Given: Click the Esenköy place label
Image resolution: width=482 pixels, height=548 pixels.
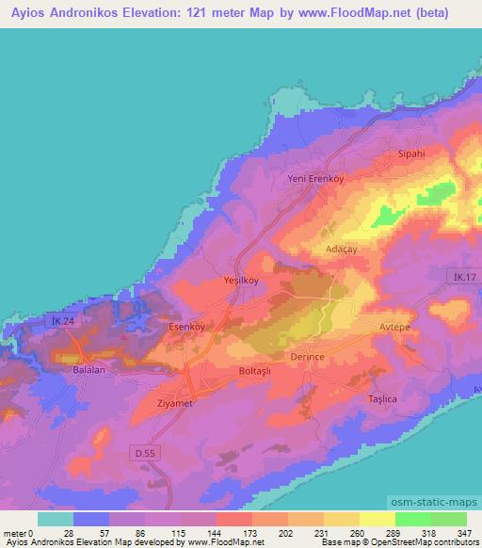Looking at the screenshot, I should click(185, 327).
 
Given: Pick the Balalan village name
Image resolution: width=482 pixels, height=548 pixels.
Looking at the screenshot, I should click(91, 371).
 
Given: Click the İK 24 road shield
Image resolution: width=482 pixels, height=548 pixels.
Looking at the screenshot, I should click(59, 322).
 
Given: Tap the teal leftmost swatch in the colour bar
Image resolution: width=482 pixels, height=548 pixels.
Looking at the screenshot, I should click(56, 519).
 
